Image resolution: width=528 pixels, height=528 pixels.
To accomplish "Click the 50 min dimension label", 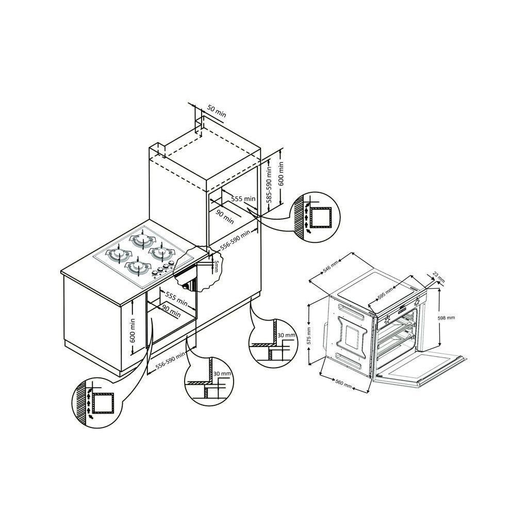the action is pyautogui.click(x=216, y=111).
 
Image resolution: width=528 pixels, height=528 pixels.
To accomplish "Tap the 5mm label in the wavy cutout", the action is pyautogui.click(x=217, y=267).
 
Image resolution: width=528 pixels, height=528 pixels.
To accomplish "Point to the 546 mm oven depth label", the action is pyautogui.click(x=331, y=267).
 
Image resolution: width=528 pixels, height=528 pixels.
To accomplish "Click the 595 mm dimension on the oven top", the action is pyautogui.click(x=385, y=293).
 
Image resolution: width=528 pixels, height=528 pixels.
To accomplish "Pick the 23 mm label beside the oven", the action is pyautogui.click(x=438, y=277).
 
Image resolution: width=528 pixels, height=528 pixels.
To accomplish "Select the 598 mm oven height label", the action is pyautogui.click(x=446, y=318).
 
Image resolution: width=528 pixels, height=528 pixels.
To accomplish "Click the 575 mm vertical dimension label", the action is pyautogui.click(x=309, y=335).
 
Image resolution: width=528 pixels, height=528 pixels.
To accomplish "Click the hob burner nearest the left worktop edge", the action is pyautogui.click(x=119, y=254).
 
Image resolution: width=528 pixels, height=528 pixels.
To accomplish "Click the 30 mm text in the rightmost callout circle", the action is pyautogui.click(x=286, y=335).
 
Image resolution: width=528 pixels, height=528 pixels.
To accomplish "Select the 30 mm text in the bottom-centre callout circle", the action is pyautogui.click(x=222, y=373).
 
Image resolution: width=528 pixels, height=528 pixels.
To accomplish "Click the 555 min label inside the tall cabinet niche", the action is pyautogui.click(x=243, y=199).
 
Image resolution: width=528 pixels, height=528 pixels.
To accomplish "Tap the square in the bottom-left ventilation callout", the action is pyautogui.click(x=103, y=403).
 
